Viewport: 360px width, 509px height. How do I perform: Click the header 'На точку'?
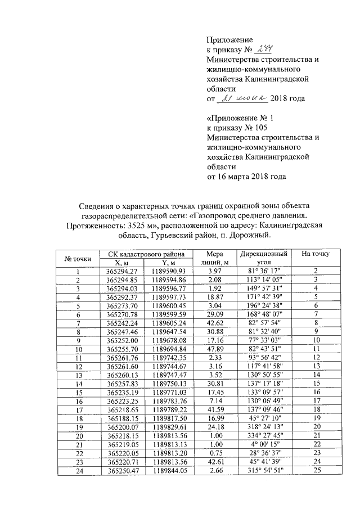click(316, 254)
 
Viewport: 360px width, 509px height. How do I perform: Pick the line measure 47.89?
click(215, 349)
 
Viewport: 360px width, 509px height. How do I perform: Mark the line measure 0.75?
click(215, 452)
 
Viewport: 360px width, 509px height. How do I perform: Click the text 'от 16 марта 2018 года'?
click(246, 177)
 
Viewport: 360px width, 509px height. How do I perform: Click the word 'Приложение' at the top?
click(230, 39)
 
